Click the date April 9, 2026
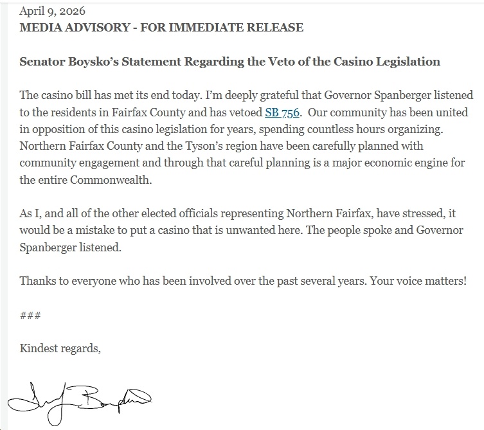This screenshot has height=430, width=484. coord(52,12)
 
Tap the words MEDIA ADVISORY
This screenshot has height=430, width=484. coord(66,28)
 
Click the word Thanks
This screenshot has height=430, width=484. coord(37,281)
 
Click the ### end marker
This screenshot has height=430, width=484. coord(31,315)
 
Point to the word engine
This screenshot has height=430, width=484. coord(413,163)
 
